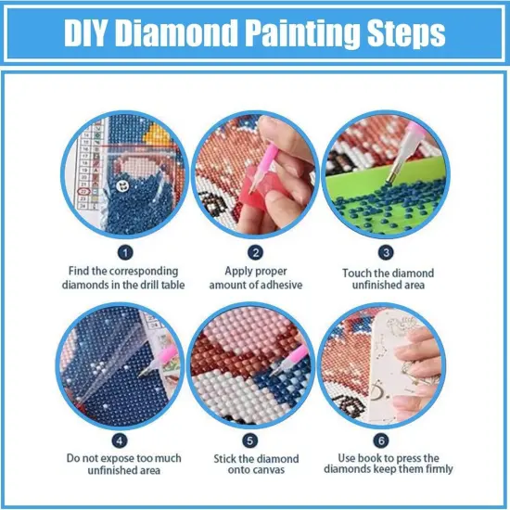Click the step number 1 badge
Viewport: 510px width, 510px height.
pos(126,250)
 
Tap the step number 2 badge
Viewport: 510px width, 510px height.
pos(255,250)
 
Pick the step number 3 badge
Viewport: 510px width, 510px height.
pos(385,250)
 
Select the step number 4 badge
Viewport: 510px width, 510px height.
pos(126,440)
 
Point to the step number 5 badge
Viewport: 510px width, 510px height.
pos(255,440)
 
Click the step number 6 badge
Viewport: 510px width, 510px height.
pos(385,440)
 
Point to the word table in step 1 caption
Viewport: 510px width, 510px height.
pos(170,285)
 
